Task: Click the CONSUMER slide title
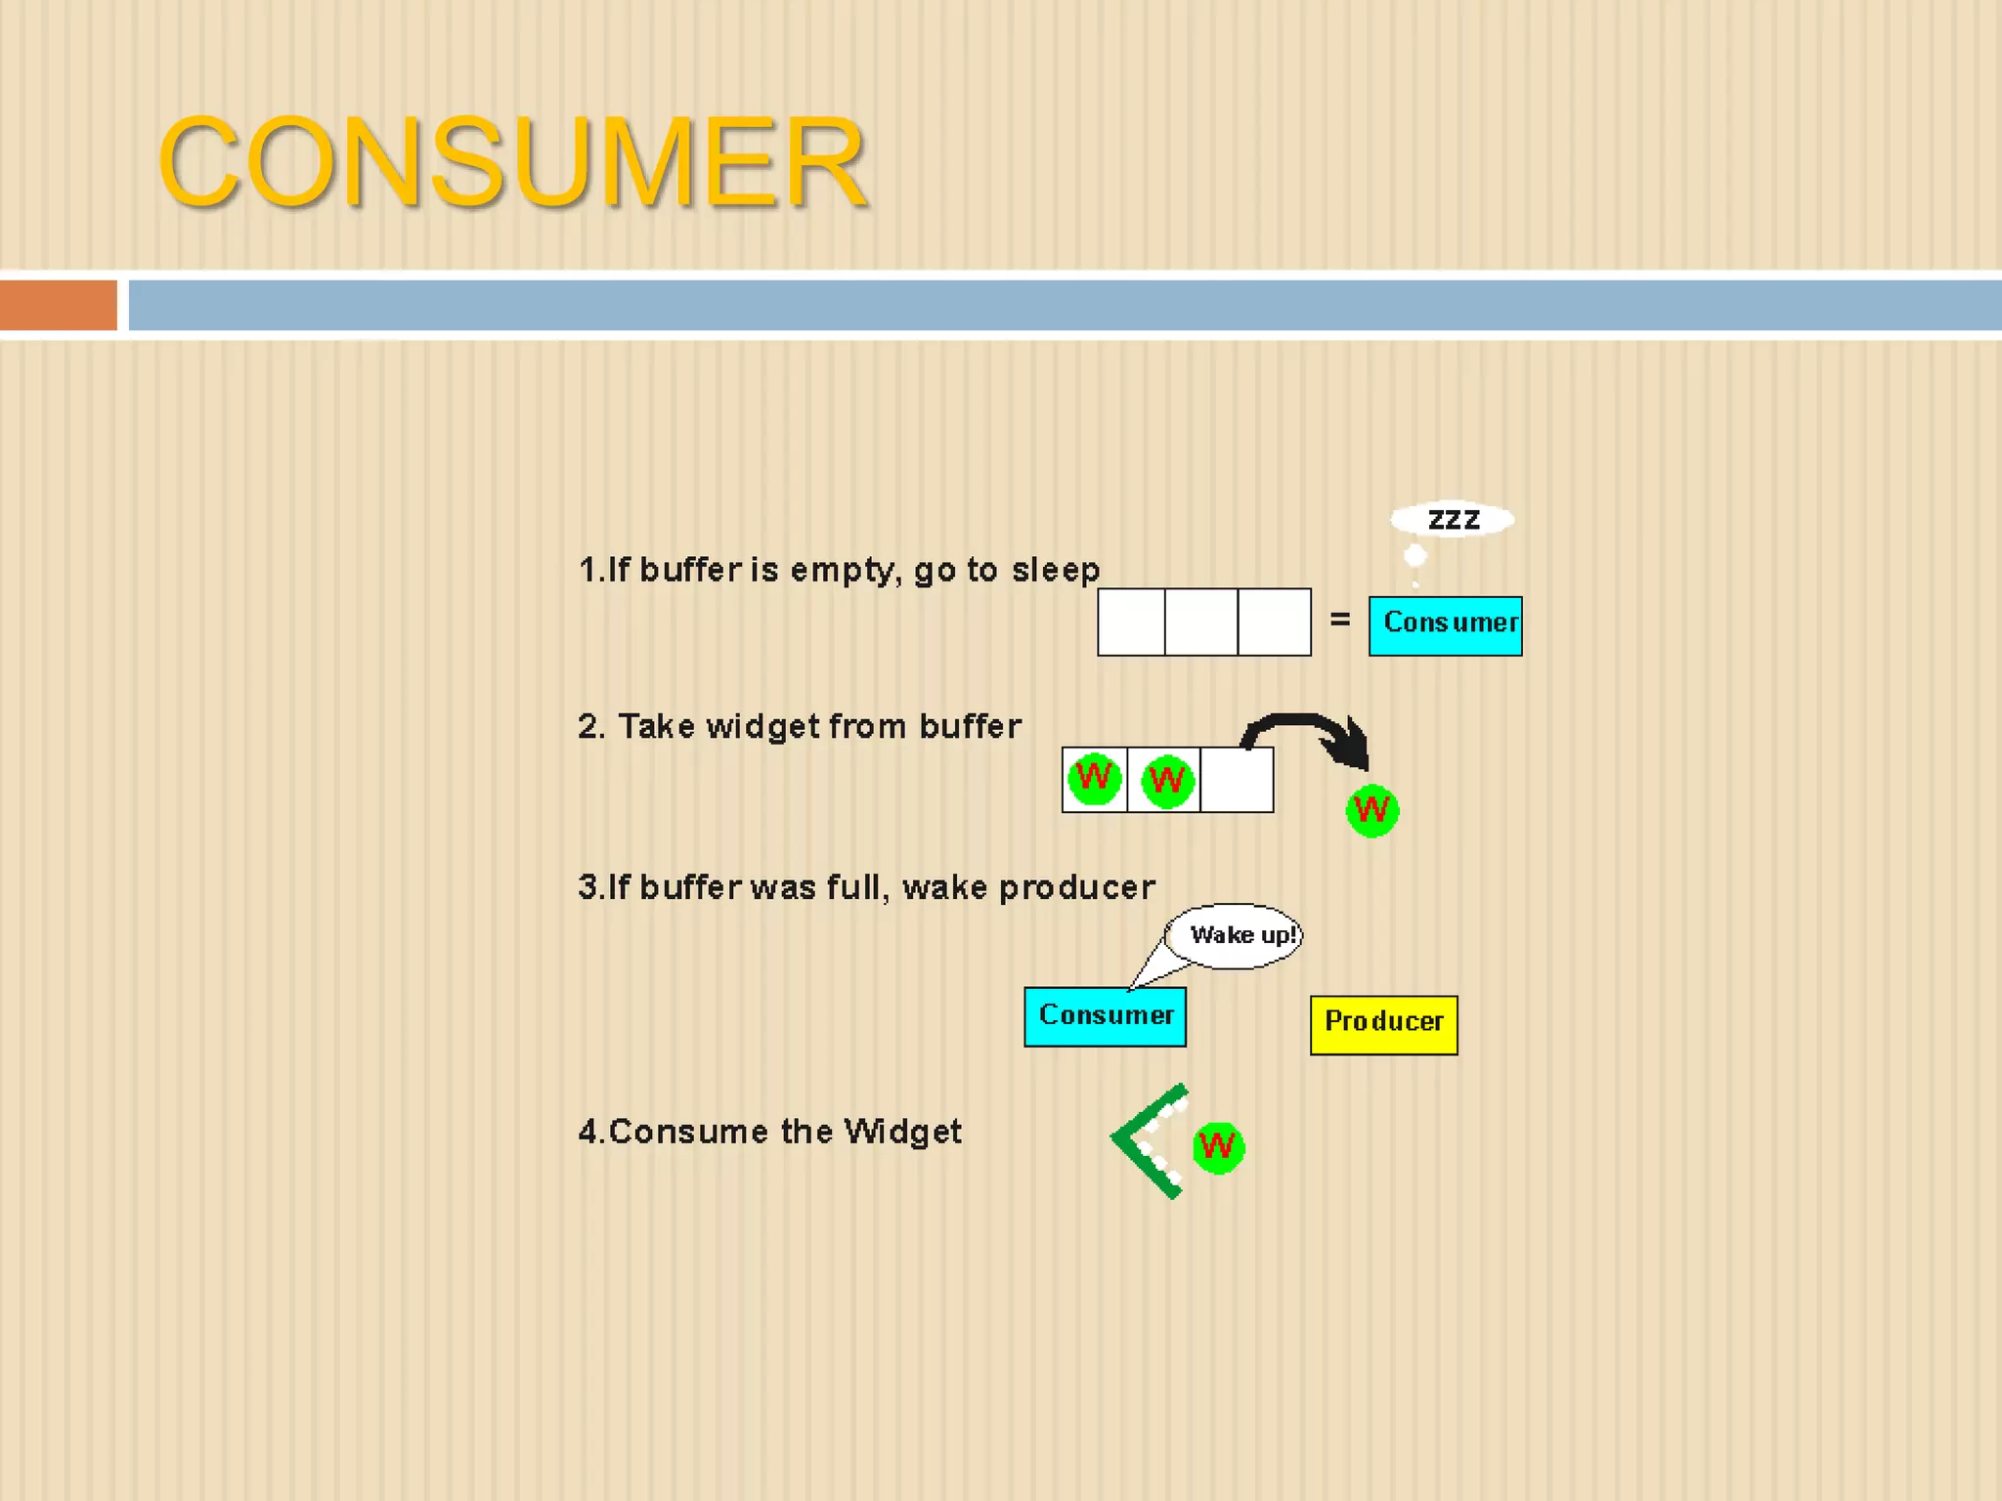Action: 512,161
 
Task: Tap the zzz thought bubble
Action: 1453,519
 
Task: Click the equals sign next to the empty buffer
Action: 1339,620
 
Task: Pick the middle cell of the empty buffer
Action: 1201,622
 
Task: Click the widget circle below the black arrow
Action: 1371,810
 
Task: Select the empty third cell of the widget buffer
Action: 1237,780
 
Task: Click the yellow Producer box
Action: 1383,1024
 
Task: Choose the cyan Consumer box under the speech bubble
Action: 1105,1016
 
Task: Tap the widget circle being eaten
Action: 1218,1146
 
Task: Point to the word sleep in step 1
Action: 1056,570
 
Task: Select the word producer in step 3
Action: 1076,887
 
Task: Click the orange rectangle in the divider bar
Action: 58,305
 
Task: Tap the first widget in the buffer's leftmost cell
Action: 1094,779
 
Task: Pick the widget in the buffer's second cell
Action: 1166,781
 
